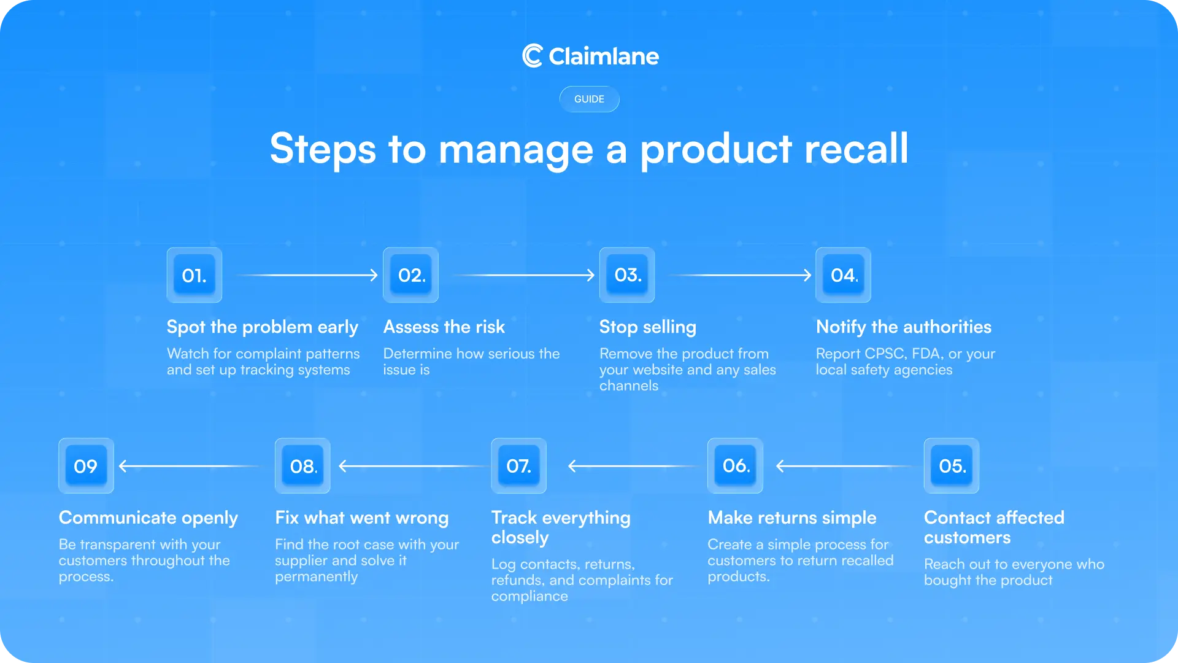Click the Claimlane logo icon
pyautogui.click(x=532, y=56)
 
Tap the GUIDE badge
pyautogui.click(x=589, y=99)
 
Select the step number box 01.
pyautogui.click(x=194, y=275)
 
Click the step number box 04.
pyautogui.click(x=843, y=275)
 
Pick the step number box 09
pyautogui.click(x=86, y=466)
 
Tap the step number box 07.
pyautogui.click(x=518, y=466)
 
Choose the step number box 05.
pyautogui.click(x=952, y=466)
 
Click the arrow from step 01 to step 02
pyautogui.click(x=307, y=275)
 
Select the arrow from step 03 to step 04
pyautogui.click(x=741, y=275)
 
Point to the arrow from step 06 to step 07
pyautogui.click(x=632, y=466)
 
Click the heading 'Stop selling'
pyautogui.click(x=647, y=327)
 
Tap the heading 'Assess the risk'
pyautogui.click(x=444, y=327)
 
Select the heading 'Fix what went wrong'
pyautogui.click(x=361, y=518)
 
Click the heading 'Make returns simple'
pyautogui.click(x=791, y=518)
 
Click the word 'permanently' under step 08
pyautogui.click(x=316, y=577)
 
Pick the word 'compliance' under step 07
pyautogui.click(x=529, y=597)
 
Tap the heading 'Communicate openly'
pyautogui.click(x=148, y=518)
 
